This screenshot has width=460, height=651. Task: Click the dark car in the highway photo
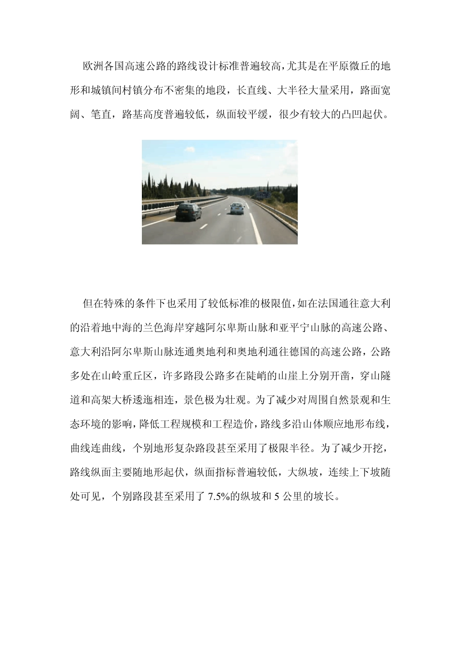tap(188, 211)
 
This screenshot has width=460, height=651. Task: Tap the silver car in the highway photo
tap(237, 208)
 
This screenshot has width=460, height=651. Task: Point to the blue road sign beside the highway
tap(264, 195)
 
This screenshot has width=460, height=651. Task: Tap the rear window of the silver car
tap(237, 205)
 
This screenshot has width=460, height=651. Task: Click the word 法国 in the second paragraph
tap(316, 303)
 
